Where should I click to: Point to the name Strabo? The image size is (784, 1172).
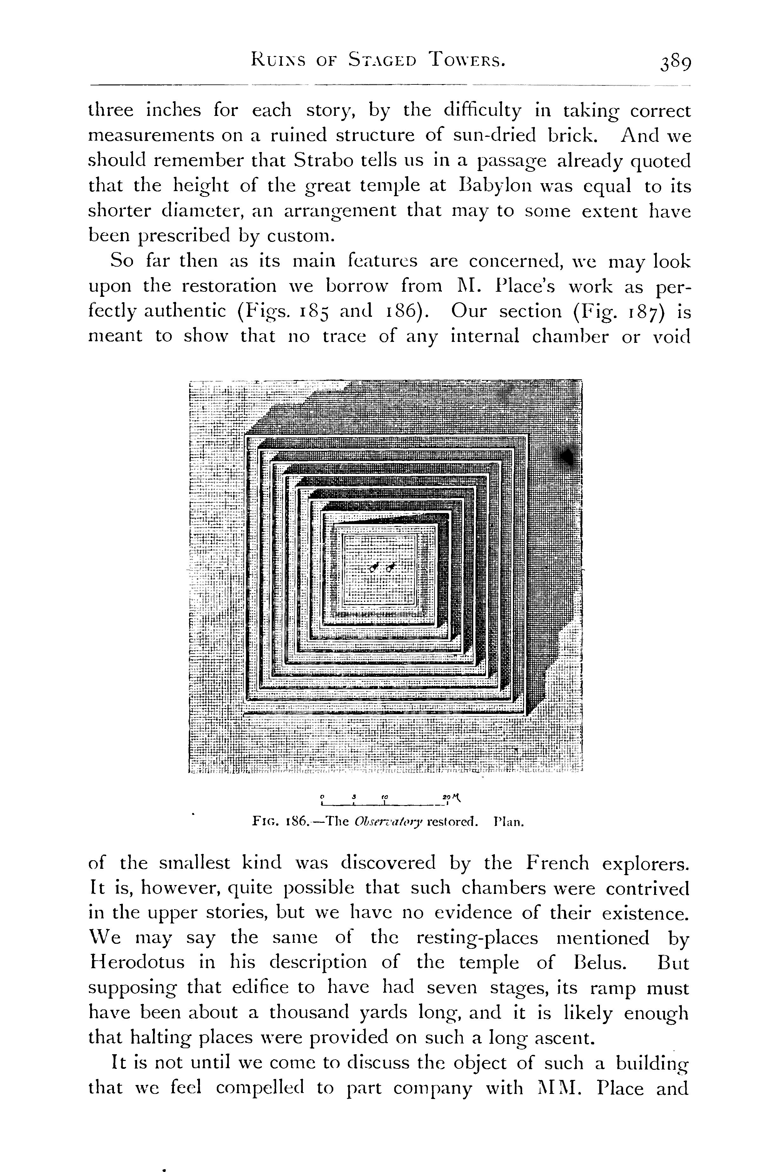[321, 161]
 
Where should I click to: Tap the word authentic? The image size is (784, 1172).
[185, 311]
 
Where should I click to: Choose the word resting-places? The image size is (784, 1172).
[477, 937]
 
